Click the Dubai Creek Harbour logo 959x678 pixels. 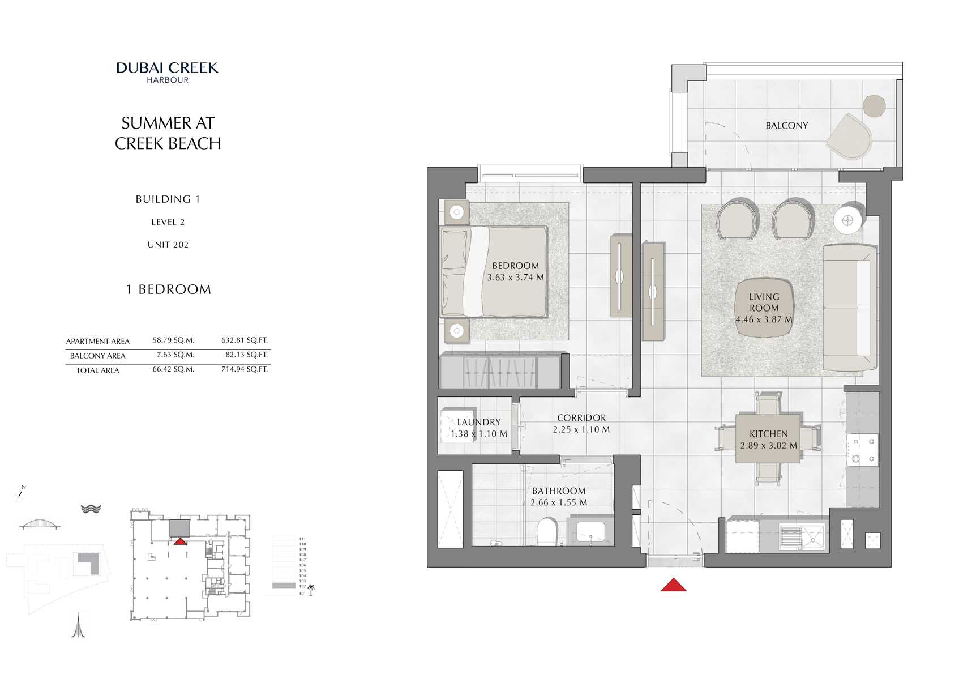[x=168, y=72]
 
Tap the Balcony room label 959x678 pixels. [x=786, y=126]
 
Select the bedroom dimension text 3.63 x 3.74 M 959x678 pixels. [x=515, y=278]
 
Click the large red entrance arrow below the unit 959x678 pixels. [x=673, y=585]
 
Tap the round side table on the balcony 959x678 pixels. [x=874, y=105]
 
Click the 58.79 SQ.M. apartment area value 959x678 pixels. [x=173, y=340]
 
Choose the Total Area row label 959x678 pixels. [x=97, y=370]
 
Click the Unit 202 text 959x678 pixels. [x=168, y=245]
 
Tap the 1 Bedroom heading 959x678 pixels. [x=168, y=289]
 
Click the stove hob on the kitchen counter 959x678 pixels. [x=862, y=449]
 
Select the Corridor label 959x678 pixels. [x=581, y=418]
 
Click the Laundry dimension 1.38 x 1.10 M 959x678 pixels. [x=479, y=434]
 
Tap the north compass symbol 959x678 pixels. [x=20, y=494]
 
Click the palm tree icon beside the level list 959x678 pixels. [x=311, y=590]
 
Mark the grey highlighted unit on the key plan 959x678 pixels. [x=180, y=528]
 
